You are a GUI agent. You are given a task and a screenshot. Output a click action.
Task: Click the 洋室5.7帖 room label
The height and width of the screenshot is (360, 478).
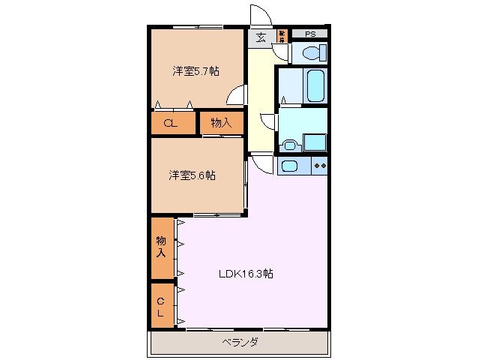tap(196, 71)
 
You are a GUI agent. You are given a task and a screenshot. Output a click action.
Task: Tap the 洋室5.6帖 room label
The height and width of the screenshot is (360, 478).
tap(192, 175)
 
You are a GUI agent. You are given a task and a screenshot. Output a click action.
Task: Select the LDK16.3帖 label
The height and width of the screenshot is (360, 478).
tap(245, 274)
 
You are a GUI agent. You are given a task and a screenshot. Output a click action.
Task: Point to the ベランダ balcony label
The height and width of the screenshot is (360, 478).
tap(240, 343)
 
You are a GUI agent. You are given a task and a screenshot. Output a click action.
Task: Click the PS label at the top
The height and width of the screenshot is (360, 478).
tap(309, 34)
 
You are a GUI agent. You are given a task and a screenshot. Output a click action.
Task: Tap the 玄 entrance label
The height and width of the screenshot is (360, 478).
tap(261, 37)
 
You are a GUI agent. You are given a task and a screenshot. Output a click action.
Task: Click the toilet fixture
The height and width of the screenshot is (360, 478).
tap(311, 52)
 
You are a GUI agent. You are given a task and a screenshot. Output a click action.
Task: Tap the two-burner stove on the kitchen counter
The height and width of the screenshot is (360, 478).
tap(319, 165)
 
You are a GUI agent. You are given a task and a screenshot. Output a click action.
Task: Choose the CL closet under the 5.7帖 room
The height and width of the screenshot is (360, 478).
tap(170, 124)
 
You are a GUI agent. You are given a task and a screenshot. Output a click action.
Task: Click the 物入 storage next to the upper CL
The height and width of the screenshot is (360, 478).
tap(220, 124)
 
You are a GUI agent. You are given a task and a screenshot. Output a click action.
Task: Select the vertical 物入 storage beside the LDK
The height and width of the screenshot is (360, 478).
tap(161, 247)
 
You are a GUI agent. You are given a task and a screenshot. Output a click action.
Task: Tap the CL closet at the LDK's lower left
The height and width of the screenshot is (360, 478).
tap(161, 305)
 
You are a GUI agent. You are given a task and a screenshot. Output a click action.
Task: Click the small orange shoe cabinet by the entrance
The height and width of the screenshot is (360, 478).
tap(282, 34)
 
